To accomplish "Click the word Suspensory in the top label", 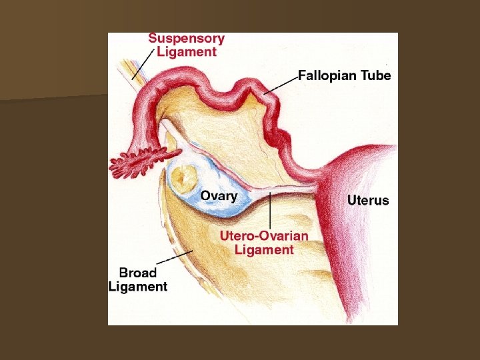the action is [x=186, y=39].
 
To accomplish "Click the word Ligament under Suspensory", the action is [x=187, y=51].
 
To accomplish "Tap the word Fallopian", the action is [x=327, y=75].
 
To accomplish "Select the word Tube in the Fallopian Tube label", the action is [x=375, y=75].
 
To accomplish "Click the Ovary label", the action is [x=219, y=196].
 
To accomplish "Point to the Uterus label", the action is [x=368, y=200].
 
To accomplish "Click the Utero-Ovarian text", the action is [x=264, y=235].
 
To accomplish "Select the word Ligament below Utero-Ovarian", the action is [x=264, y=249].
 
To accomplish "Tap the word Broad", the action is [x=137, y=273].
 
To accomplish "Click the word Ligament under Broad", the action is [x=137, y=287].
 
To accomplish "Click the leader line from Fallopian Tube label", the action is [x=280, y=85].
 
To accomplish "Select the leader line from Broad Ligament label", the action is [x=175, y=259].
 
